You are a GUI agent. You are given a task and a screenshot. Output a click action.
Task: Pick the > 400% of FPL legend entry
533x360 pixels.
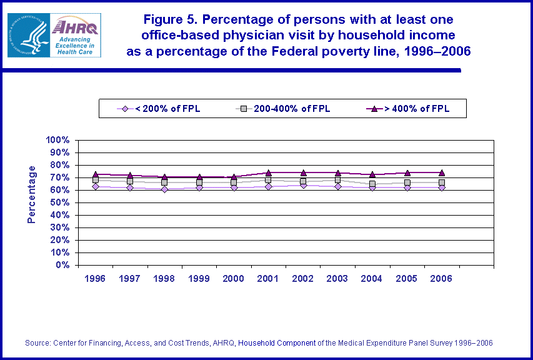416,109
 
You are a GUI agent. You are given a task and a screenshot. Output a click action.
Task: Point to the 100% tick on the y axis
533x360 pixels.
58,140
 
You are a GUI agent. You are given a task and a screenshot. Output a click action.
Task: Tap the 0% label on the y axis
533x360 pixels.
62,265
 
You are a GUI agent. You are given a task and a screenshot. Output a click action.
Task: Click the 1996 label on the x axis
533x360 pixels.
95,279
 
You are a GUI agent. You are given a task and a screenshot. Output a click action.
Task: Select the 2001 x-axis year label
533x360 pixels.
268,279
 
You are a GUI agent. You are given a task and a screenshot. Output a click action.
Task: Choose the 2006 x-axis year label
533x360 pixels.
441,279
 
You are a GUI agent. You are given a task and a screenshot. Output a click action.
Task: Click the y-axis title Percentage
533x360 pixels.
32,194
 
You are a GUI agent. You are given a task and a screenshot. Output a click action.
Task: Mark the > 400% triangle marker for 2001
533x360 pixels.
268,173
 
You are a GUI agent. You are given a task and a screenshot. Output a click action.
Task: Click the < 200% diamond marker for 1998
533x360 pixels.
164,189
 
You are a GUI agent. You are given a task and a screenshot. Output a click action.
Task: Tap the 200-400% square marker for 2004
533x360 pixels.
372,184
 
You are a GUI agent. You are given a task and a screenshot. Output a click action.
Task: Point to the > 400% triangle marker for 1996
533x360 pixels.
95,174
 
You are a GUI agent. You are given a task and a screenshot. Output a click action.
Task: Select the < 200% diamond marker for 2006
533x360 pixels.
441,187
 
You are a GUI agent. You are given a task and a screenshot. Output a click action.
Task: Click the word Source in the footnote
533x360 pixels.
37,343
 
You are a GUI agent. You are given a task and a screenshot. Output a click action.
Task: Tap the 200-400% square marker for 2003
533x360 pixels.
337,180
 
